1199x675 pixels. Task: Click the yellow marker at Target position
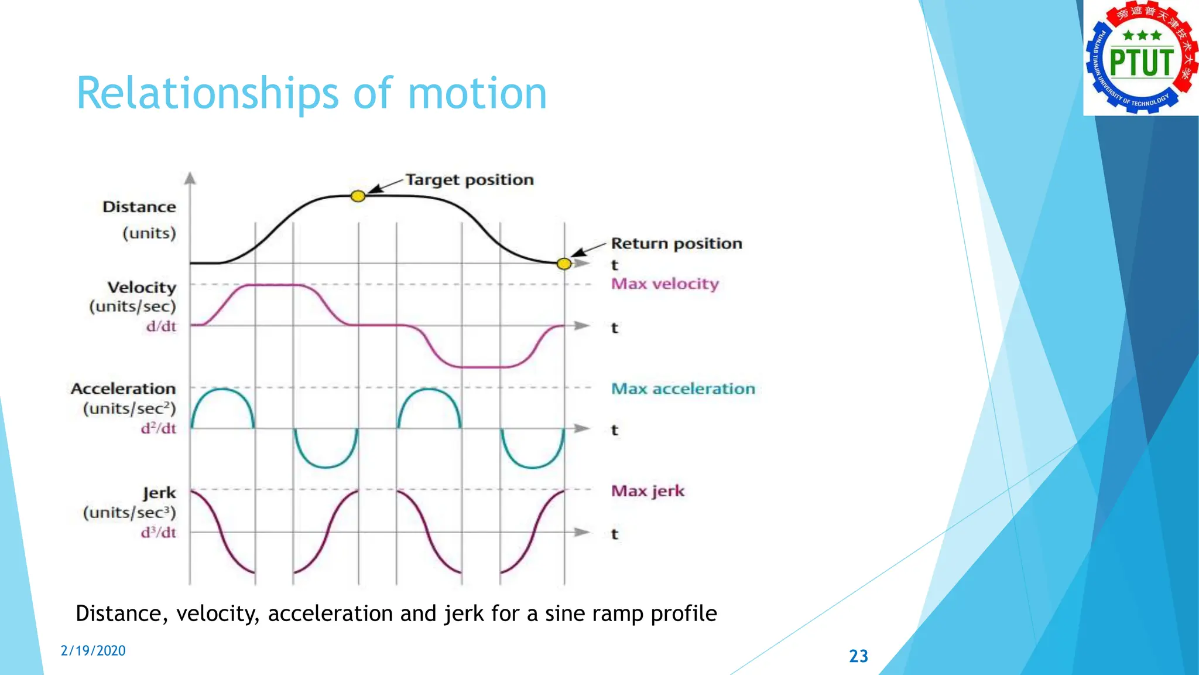tap(358, 196)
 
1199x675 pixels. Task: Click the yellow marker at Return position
tap(564, 264)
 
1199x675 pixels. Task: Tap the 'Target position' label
tap(470, 180)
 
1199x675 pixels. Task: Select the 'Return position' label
tap(676, 243)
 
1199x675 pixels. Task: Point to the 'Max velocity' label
tap(664, 284)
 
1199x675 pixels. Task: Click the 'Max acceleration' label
tap(683, 389)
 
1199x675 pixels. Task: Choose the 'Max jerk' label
tap(648, 491)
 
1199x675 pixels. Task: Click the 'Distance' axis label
tap(139, 207)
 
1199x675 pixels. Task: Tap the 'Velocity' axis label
tap(142, 288)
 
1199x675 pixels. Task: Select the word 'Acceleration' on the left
tap(124, 389)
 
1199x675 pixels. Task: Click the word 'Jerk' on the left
tap(159, 493)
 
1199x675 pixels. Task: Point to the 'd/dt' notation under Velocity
tap(161, 327)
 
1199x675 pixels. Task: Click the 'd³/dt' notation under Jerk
tap(159, 533)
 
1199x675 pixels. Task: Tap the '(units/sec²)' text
tap(129, 408)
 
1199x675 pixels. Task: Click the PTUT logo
tap(1140, 58)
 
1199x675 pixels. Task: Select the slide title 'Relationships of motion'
tap(311, 94)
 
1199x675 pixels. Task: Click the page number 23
tap(858, 656)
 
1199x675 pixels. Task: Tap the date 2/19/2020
tap(93, 651)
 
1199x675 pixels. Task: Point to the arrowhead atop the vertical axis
tap(190, 178)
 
